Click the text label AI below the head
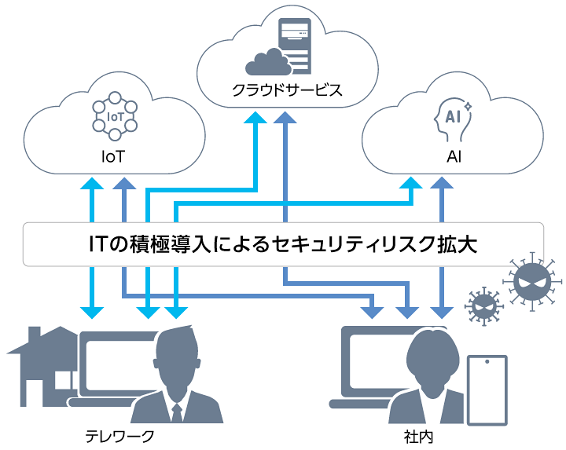pos(454,156)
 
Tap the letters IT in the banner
pos(101,243)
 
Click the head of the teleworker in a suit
pos(180,354)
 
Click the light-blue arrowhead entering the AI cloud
pos(410,185)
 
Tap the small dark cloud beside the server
pos(268,60)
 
